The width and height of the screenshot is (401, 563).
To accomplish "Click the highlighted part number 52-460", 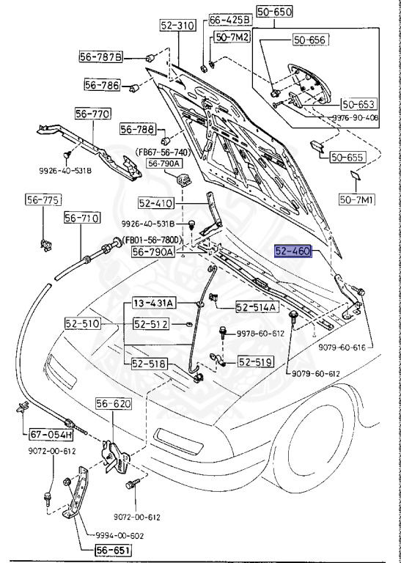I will coord(293,251).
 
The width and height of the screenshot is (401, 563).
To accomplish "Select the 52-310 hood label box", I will coord(177,25).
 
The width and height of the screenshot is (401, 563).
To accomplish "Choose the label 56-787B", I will coord(102,56).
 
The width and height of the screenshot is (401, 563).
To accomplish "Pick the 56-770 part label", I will coord(93,114).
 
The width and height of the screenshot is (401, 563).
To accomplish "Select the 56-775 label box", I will coord(43,199).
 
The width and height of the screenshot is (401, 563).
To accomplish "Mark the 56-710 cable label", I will coord(81,218).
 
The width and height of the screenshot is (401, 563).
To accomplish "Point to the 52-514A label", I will coord(257,308).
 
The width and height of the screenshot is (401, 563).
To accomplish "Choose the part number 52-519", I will coord(254,361).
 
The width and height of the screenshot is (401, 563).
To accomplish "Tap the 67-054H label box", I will coord(45,435).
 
